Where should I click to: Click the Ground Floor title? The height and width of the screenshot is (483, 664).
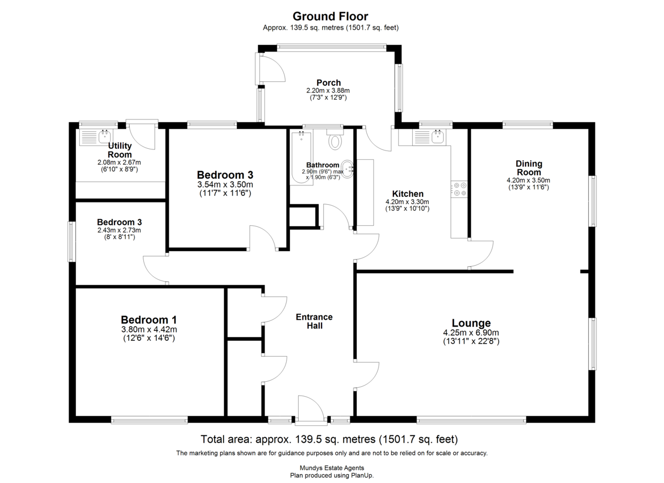pyautogui.click(x=330, y=16)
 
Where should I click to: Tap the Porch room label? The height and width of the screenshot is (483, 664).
pyautogui.click(x=329, y=82)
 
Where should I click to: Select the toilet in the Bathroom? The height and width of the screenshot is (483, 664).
pyautogui.click(x=335, y=139)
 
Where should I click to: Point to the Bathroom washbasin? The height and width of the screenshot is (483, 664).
pyautogui.click(x=347, y=169)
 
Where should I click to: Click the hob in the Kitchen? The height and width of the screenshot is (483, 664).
pyautogui.click(x=459, y=189)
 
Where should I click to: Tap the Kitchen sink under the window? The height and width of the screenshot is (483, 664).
pyautogui.click(x=429, y=138)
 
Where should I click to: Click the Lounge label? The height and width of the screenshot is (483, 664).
pyautogui.click(x=471, y=323)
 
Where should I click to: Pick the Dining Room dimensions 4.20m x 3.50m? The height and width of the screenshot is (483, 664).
pyautogui.click(x=528, y=180)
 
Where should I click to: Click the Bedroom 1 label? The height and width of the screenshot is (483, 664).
pyautogui.click(x=149, y=320)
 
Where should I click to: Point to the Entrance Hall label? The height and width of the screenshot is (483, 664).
pyautogui.click(x=314, y=321)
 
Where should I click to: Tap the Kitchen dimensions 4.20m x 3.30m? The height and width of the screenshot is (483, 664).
pyautogui.click(x=407, y=202)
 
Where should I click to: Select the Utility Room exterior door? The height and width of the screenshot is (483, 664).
pyautogui.click(x=142, y=134)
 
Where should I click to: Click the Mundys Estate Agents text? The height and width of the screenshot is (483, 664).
pyautogui.click(x=331, y=468)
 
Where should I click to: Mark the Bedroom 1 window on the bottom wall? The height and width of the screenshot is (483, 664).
pyautogui.click(x=149, y=420)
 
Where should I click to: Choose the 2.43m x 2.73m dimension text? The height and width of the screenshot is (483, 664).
pyautogui.click(x=119, y=230)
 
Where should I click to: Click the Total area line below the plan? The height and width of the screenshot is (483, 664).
pyautogui.click(x=329, y=439)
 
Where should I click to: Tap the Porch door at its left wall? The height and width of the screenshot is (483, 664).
pyautogui.click(x=272, y=69)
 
